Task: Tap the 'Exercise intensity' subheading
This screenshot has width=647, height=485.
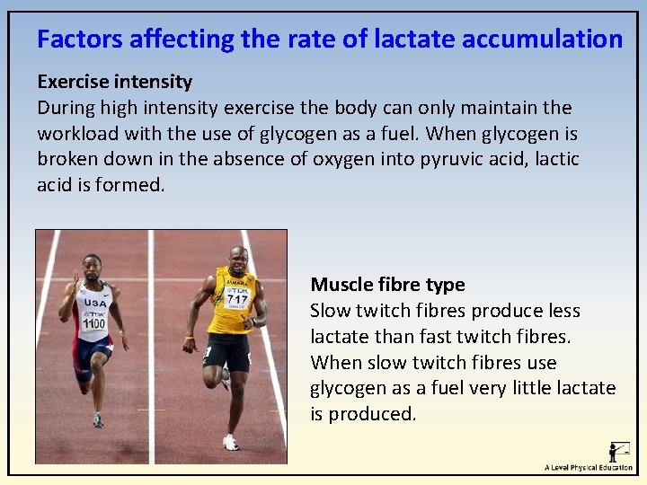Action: [114, 82]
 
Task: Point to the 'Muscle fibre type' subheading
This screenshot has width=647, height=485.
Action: [387, 285]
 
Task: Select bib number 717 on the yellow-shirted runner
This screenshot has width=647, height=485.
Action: [237, 298]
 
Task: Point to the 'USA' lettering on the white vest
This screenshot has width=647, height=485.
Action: [94, 304]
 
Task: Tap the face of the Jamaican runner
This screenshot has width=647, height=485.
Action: [238, 260]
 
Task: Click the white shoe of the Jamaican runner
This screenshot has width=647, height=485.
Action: [231, 442]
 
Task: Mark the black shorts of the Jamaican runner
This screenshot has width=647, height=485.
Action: [226, 351]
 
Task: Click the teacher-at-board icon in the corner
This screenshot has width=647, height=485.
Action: [618, 451]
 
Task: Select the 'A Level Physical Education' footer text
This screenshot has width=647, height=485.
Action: [588, 468]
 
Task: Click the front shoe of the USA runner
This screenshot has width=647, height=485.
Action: [97, 419]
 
